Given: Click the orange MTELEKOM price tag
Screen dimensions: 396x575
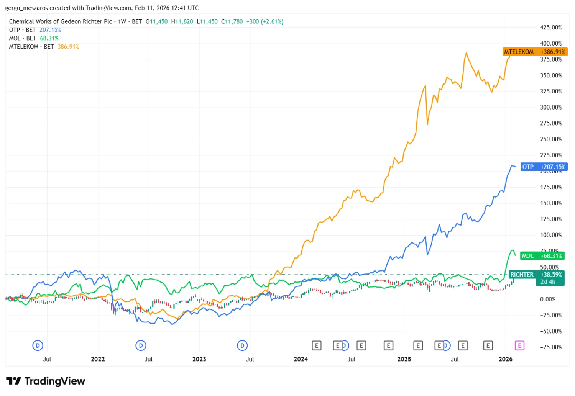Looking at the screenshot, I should tap(535, 52).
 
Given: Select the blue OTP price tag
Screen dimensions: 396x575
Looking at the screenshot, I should tap(544, 167).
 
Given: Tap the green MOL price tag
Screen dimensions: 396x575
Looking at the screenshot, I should tap(542, 256).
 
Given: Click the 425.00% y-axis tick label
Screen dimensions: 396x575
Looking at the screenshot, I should tap(551, 28).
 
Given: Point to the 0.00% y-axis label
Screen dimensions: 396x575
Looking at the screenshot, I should tap(548, 299).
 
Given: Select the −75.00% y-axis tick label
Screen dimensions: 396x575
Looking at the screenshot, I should tap(551, 347).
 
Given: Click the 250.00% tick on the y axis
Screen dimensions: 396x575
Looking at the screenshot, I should tap(551, 139).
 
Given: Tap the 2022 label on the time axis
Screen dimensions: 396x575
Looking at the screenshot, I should tap(98, 359).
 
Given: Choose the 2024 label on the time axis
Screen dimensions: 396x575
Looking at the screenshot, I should tap(301, 359).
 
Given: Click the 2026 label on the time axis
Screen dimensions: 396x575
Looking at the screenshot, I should tap(506, 359).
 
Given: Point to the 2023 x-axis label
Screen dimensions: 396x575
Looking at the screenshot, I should tap(199, 359).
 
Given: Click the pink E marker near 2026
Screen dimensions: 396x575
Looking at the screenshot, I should tap(519, 345).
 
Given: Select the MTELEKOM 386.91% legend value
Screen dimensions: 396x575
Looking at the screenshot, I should tap(68, 47).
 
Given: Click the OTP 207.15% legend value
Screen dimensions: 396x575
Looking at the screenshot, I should tap(50, 30).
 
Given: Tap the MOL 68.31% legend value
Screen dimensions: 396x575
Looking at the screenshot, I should tap(49, 38).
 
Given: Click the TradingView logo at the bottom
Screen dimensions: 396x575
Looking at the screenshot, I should tap(46, 381).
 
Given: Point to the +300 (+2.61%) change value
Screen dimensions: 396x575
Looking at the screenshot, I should tap(264, 21).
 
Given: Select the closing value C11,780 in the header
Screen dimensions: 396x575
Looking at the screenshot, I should tap(232, 21).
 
